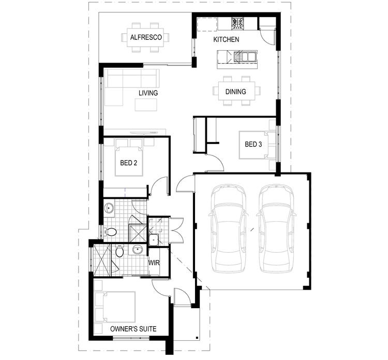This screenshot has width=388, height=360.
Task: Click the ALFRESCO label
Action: tap(146, 37)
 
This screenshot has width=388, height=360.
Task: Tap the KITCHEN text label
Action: tap(227, 40)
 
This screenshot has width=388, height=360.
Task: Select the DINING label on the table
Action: tap(235, 92)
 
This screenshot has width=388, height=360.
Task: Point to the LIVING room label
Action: tap(148, 93)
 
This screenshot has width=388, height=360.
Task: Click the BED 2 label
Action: tap(128, 163)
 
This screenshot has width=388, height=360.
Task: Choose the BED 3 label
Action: tap(253, 145)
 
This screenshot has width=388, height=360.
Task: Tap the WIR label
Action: tap(154, 263)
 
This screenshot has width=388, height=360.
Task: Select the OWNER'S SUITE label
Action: tap(133, 329)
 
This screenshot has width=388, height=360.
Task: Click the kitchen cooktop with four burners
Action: tap(238, 23)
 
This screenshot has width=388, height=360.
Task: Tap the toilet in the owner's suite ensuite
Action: tap(120, 252)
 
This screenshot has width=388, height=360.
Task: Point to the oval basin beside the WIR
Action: tap(137, 251)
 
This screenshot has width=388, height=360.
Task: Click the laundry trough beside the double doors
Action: tap(154, 240)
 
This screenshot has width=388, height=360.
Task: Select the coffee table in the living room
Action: tap(146, 105)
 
